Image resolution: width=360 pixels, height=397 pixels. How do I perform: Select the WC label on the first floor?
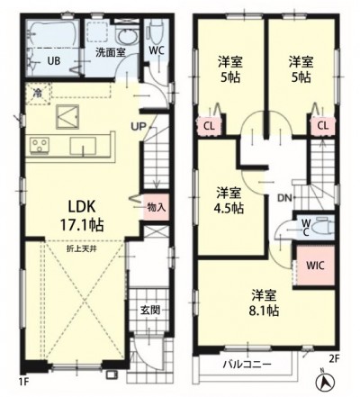[155, 50]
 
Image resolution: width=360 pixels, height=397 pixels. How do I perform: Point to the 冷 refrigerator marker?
[38, 93]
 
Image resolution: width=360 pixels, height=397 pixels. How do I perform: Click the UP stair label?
[140, 126]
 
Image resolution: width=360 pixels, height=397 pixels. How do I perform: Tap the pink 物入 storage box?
[155, 207]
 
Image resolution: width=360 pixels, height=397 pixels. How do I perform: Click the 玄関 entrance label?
[149, 311]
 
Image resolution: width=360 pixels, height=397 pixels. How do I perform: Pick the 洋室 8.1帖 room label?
[264, 302]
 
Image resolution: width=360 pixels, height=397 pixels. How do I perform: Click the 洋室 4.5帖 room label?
[229, 201]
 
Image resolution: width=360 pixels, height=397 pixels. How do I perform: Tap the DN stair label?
[283, 198]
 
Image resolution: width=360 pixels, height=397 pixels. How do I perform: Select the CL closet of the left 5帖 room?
[210, 126]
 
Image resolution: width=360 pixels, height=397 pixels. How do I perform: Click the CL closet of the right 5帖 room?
[320, 126]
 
